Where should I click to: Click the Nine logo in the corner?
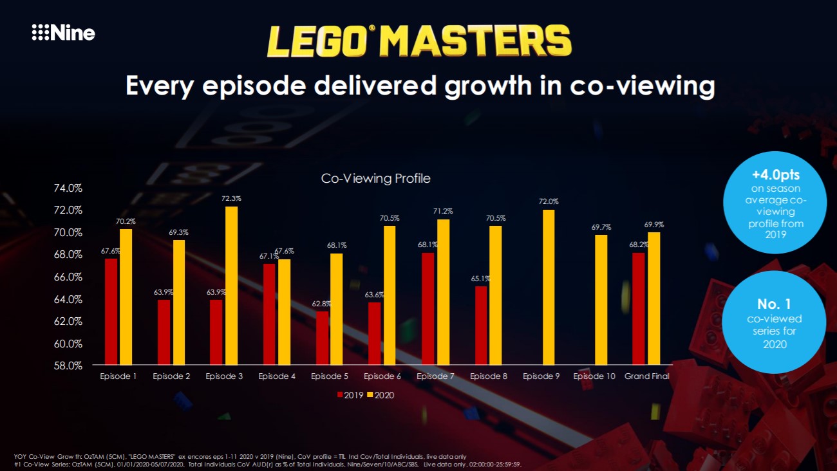point(63,33)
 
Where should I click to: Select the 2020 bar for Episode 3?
point(231,285)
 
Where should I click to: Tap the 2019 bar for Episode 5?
point(322,338)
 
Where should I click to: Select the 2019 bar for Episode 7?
point(428,309)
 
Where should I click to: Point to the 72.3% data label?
point(231,199)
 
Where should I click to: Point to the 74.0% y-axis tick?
point(68,189)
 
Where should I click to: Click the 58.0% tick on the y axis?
point(68,365)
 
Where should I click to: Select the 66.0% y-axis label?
point(68,277)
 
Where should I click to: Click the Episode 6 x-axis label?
point(382,376)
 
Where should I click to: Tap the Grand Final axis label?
point(647,376)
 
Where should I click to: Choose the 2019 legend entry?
point(350,395)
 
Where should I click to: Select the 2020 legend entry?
point(381,395)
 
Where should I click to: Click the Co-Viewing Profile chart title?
point(375,178)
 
